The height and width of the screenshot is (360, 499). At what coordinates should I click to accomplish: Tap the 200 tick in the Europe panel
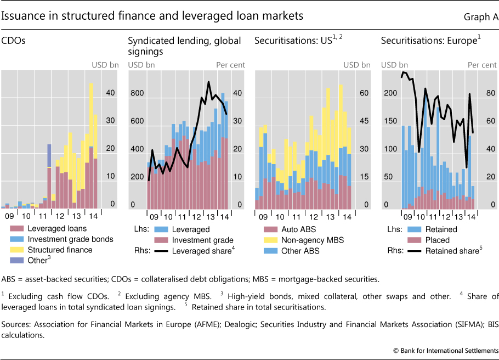[388, 93]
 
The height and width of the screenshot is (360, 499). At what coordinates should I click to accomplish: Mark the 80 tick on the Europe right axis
[490, 93]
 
